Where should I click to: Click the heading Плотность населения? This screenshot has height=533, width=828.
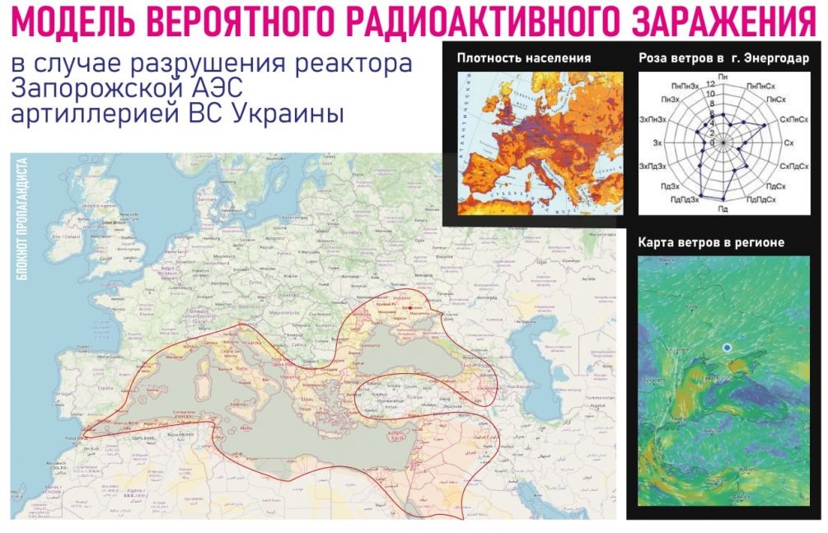(524, 58)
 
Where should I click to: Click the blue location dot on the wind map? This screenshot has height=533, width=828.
(727, 348)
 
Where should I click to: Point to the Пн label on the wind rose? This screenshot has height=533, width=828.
(723, 76)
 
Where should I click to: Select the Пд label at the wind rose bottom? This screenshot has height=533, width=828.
(723, 209)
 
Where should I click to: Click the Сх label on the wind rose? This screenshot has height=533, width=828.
(788, 143)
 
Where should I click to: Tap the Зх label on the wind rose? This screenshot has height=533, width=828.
(657, 143)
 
